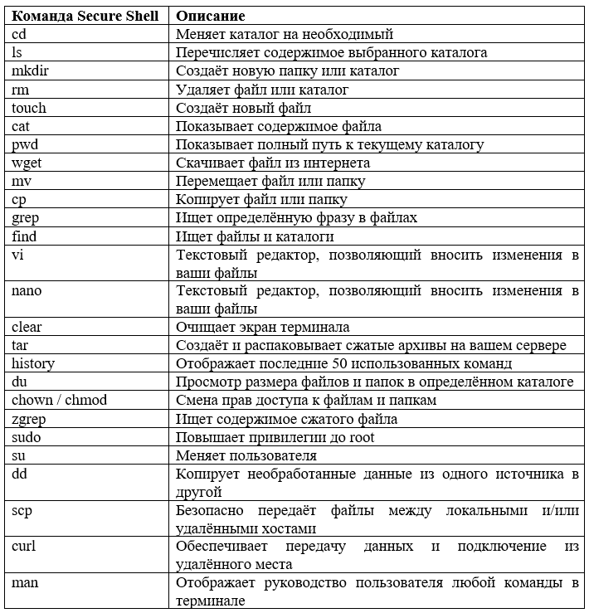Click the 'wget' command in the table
pyautogui.click(x=27, y=163)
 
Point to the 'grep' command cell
pyautogui.click(x=26, y=217)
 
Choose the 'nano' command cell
pyautogui.click(x=27, y=290)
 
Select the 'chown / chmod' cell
pyautogui.click(x=60, y=400)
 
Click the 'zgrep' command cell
pyautogui.click(x=28, y=418)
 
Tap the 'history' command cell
pyautogui.click(x=33, y=363)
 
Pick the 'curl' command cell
pyautogui.click(x=23, y=546)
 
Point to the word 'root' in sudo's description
pyautogui.click(x=360, y=436)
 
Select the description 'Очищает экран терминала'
pyautogui.click(x=262, y=327)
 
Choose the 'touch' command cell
pyautogui.click(x=29, y=108)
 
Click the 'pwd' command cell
pyautogui.click(x=26, y=144)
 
